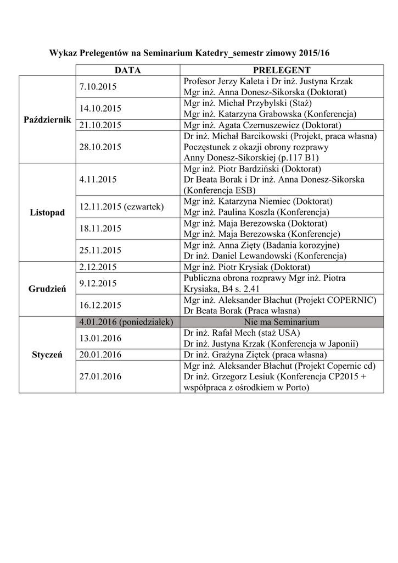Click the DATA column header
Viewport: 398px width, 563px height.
(x=128, y=70)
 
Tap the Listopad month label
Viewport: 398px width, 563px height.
(x=47, y=212)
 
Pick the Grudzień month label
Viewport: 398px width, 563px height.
(x=47, y=289)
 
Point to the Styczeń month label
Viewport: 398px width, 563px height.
(x=47, y=355)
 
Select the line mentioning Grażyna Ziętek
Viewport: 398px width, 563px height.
(x=255, y=355)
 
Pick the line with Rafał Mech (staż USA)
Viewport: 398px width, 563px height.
(x=243, y=333)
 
